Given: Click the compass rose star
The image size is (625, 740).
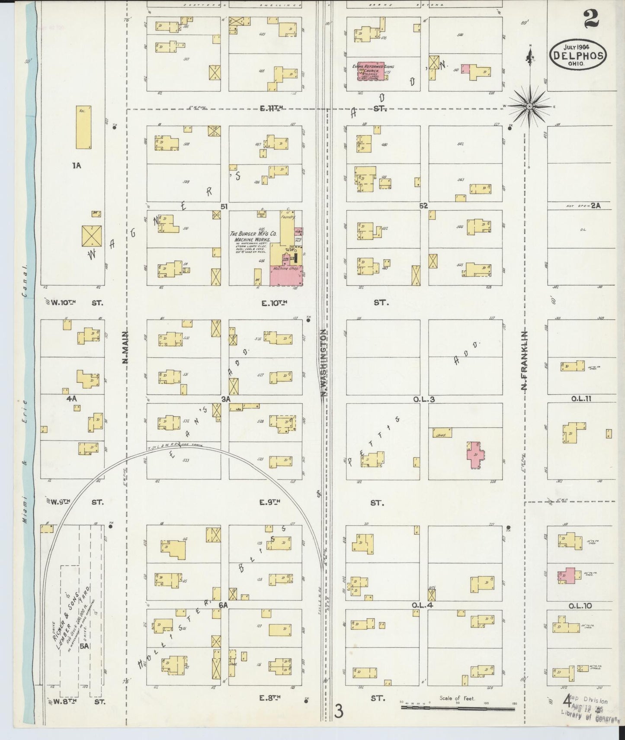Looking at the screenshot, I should click(530, 106).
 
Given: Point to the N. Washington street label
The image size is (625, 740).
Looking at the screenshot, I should click(323, 363).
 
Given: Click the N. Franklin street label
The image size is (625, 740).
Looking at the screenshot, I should click(525, 360).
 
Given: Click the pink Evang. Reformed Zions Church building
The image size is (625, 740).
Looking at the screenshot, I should click(372, 71).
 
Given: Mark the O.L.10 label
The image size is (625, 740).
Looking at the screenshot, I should click(580, 606).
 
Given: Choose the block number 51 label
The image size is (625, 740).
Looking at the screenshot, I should click(224, 206).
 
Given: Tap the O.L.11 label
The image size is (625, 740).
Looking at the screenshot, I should click(581, 399).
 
